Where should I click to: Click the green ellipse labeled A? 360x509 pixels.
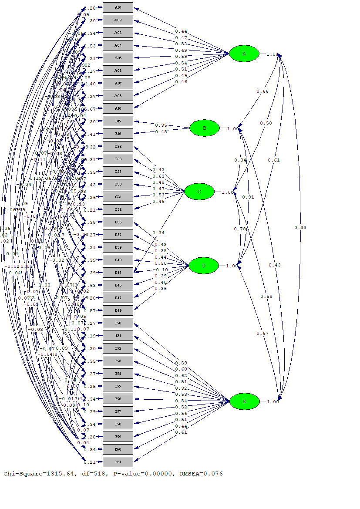tap(244, 54)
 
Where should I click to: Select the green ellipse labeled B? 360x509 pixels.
tap(204, 128)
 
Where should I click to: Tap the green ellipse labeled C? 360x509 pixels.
tap(199, 192)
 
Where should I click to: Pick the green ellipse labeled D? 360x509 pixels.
tap(203, 266)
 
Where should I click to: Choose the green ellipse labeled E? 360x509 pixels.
tap(244, 401)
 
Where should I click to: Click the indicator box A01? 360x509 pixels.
tap(118, 8)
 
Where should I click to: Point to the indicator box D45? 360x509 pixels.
tap(118, 273)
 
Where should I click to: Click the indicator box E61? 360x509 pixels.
tap(118, 462)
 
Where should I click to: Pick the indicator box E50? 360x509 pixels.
tap(118, 323)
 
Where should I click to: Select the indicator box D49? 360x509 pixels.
tap(118, 310)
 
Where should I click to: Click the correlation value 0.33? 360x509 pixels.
tap(300, 228)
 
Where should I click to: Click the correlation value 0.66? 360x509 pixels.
tap(262, 91)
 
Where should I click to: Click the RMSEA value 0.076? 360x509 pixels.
tap(213, 474)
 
